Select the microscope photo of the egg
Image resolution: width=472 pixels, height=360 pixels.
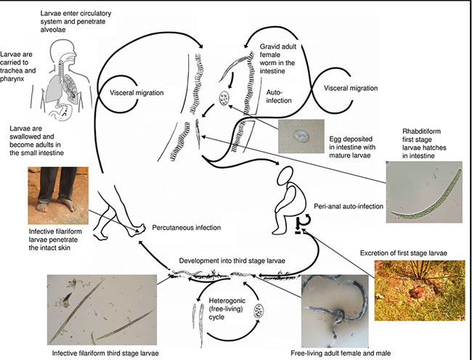pyautogui.click(x=299, y=136)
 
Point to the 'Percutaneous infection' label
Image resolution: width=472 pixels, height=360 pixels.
pyautogui.click(x=187, y=227)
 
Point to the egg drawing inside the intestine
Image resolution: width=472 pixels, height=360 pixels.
pyautogui.click(x=225, y=99)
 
